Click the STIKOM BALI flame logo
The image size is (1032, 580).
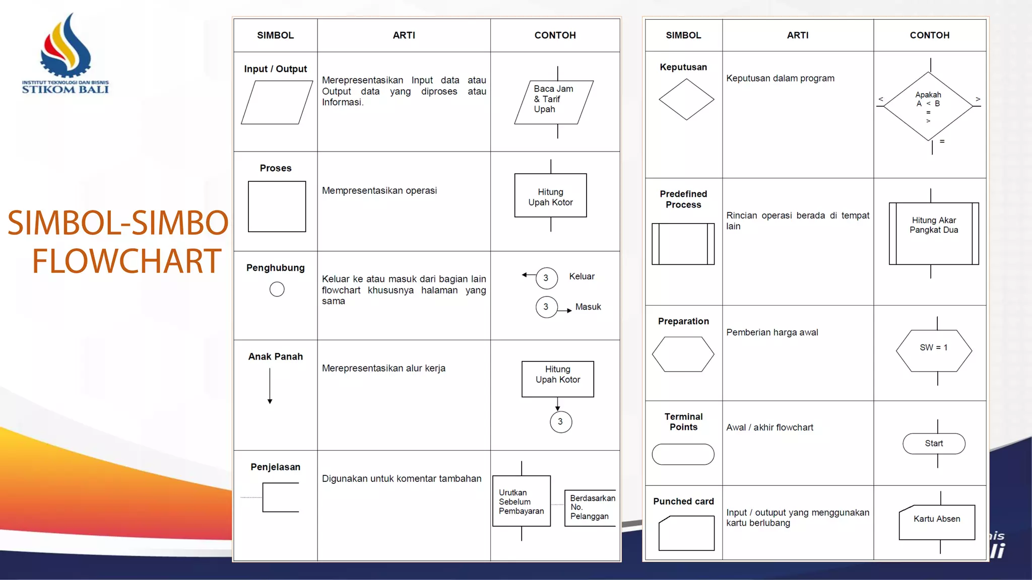click(x=66, y=48)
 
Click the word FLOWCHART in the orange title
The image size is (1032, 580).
click(x=126, y=261)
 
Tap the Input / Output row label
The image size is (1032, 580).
click(x=275, y=69)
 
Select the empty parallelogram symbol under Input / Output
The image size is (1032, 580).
click(x=277, y=103)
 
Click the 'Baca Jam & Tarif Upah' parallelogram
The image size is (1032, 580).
click(x=553, y=102)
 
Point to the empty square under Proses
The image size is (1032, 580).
click(x=277, y=206)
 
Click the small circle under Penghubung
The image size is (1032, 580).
click(x=277, y=289)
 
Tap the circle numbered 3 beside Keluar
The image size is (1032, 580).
click(x=546, y=278)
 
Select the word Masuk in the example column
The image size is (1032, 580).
click(x=588, y=307)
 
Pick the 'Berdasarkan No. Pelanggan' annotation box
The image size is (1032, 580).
click(x=591, y=507)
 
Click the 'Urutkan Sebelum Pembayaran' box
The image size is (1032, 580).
click(x=521, y=501)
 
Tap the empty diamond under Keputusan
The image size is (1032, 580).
click(x=686, y=100)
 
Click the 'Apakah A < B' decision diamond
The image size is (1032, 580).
click(x=928, y=106)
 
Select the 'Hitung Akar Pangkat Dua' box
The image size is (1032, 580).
click(x=934, y=233)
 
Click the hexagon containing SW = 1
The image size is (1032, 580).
click(x=934, y=350)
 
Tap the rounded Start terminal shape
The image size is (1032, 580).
click(x=934, y=444)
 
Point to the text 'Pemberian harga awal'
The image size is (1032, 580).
click(x=772, y=332)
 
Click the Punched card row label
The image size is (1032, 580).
click(x=683, y=501)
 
